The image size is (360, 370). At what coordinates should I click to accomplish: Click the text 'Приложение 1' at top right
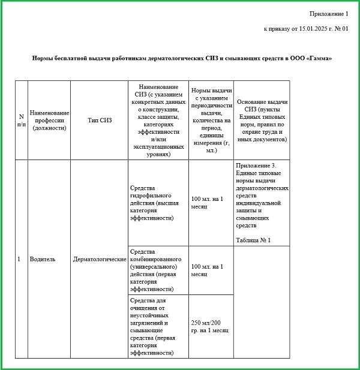point(329,13)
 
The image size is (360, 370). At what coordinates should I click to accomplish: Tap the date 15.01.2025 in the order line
point(308,29)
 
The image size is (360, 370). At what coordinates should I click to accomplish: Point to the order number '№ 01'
point(341,29)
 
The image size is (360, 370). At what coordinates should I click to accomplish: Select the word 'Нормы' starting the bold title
point(42,58)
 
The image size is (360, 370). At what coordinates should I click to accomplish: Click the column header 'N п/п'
point(21,120)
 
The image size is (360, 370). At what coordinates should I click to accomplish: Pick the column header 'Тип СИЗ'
point(100,120)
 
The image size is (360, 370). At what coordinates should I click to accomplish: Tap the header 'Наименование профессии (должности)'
point(49,120)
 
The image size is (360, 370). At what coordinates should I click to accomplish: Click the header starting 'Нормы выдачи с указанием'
point(211,120)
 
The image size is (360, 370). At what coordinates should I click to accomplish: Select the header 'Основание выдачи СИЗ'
point(262,120)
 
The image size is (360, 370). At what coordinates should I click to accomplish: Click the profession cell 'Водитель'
point(43,259)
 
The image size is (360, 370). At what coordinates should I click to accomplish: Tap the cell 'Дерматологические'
point(100,259)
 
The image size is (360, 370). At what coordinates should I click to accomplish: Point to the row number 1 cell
point(19,259)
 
